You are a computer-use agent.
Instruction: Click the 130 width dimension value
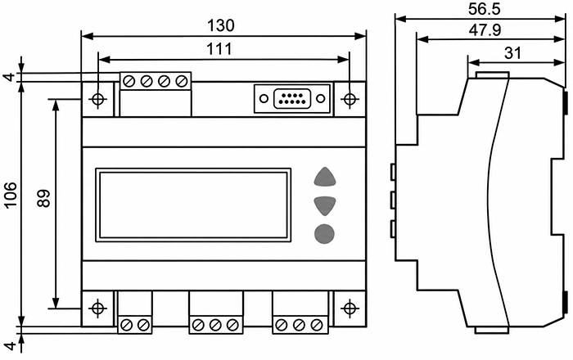tap(221, 25)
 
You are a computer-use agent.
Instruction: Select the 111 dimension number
tap(219, 49)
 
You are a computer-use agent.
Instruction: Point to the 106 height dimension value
tap(11, 194)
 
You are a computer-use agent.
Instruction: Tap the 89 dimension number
tap(44, 198)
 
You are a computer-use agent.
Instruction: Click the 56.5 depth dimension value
tap(484, 10)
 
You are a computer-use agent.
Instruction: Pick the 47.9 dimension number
tap(485, 30)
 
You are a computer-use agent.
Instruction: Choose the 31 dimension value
tap(512, 53)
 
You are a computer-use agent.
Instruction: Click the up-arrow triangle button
tap(324, 178)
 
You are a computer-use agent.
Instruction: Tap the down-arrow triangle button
tap(324, 205)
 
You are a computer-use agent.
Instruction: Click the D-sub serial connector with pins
tap(292, 98)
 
